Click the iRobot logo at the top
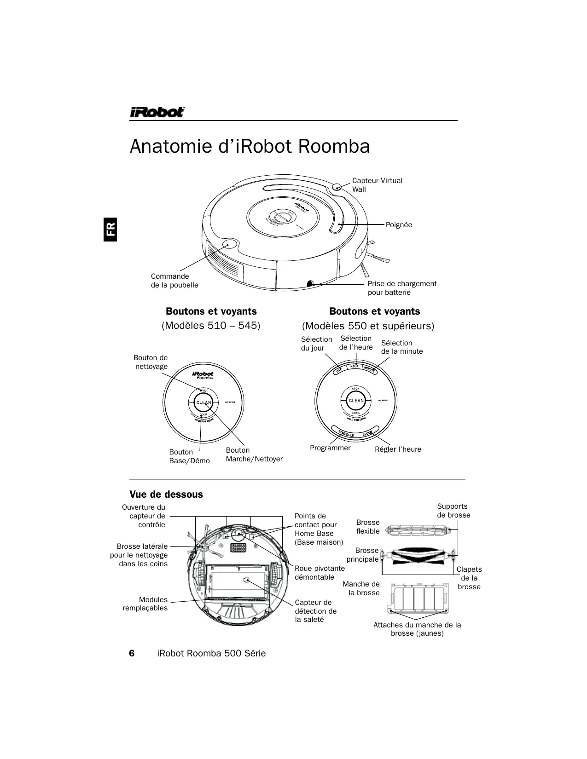click(157, 112)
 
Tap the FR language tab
click(110, 229)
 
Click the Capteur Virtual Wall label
click(377, 185)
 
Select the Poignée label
click(399, 225)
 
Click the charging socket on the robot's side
click(310, 283)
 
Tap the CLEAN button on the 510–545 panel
click(203, 402)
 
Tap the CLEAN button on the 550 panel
click(356, 401)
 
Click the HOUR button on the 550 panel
click(355, 367)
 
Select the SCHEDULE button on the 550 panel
click(346, 433)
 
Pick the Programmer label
click(330, 448)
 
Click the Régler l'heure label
click(398, 449)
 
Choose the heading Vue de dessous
click(166, 494)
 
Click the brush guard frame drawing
click(418, 598)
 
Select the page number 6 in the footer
click(132, 654)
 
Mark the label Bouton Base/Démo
click(189, 456)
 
